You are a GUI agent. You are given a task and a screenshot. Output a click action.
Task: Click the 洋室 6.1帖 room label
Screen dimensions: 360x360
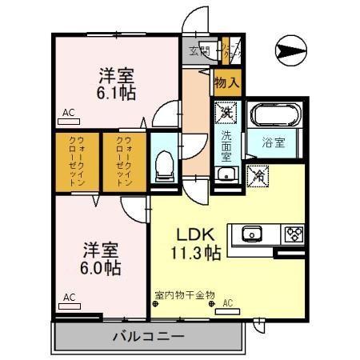[117, 83]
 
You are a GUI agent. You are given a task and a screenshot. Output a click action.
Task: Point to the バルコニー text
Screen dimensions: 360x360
[148, 336]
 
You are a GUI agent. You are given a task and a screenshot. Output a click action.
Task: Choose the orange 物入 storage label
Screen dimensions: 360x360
[226, 81]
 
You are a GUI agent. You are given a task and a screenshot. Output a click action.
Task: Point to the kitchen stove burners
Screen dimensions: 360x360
[294, 234]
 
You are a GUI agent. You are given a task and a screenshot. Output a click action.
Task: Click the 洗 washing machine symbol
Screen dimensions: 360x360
[226, 114]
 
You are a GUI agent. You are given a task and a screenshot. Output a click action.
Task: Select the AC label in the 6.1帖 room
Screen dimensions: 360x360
[68, 114]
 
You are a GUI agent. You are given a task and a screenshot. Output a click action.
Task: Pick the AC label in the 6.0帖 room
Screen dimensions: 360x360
[69, 297]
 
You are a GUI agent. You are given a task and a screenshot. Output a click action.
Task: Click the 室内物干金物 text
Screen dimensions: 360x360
[185, 295]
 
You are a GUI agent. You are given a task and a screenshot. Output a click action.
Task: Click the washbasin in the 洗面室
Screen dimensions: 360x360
[226, 172]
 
